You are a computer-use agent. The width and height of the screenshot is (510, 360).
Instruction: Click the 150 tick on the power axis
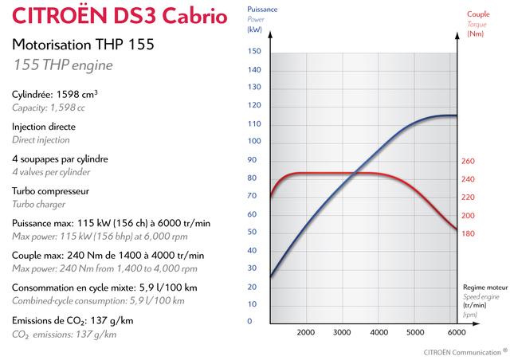pos(254,51)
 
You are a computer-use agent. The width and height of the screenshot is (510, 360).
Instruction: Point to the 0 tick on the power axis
pos(249,321)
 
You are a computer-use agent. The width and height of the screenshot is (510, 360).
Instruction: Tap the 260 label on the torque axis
pos(468,161)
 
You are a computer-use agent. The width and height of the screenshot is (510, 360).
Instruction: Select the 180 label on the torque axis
pos(468,233)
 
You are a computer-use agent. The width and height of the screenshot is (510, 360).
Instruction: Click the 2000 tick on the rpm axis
pos(305,332)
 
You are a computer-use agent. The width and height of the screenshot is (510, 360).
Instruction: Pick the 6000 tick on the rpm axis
pos(457,332)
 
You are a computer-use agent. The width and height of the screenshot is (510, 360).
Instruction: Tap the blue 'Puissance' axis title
pos(262,8)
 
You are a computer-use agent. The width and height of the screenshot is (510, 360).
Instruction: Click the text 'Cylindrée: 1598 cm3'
pos(55,94)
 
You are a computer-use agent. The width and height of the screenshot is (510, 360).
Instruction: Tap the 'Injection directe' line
pos(45,127)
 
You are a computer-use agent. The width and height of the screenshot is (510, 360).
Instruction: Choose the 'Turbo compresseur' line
pos(50,191)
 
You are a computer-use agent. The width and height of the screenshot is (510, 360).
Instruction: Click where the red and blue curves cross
pos(356,173)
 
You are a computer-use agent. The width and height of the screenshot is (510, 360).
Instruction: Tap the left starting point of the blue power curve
pos(271,276)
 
